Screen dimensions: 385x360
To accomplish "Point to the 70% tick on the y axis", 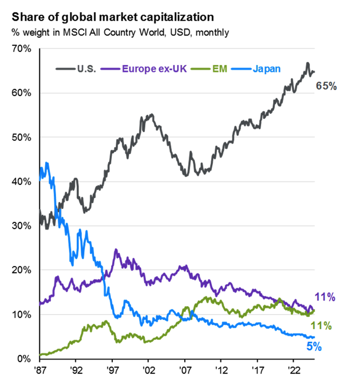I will [22, 49].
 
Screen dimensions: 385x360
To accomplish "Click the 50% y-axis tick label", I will [22, 137].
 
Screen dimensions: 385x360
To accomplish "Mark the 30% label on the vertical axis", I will [22, 226].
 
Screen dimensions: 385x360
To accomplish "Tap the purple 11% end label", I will [326, 297].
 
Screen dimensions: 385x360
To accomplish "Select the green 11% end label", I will [321, 326].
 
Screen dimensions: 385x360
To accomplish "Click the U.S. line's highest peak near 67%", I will [307, 64].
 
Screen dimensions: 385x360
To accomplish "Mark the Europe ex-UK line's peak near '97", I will [116, 250].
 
